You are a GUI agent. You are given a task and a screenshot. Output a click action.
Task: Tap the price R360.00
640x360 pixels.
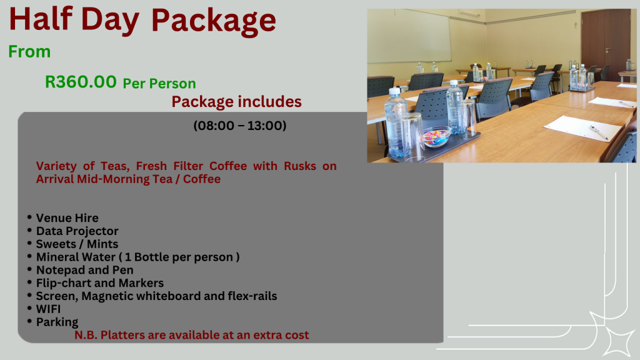[x=81, y=82]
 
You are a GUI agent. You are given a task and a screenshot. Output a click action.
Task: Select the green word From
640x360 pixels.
[x=29, y=52]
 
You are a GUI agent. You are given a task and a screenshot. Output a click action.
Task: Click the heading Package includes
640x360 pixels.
[x=236, y=101]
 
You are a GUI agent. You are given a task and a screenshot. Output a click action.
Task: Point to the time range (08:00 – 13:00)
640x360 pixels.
[x=240, y=126]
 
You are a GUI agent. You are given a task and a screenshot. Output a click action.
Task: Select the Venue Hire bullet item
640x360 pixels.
[x=67, y=218]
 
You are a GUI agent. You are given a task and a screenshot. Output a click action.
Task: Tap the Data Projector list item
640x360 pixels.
[x=77, y=231]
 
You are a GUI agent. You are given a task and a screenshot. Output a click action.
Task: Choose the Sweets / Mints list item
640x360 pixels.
[x=77, y=244]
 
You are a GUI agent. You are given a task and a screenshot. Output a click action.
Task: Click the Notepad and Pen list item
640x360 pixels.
[x=84, y=270]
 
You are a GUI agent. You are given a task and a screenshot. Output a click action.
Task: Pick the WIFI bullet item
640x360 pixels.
[x=48, y=309]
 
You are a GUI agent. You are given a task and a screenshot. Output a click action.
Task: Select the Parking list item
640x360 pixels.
[x=57, y=322]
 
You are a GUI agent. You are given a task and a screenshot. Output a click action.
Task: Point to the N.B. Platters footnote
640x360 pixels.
[x=192, y=335]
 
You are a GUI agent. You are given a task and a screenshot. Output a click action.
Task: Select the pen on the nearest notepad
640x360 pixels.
[x=598, y=132]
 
